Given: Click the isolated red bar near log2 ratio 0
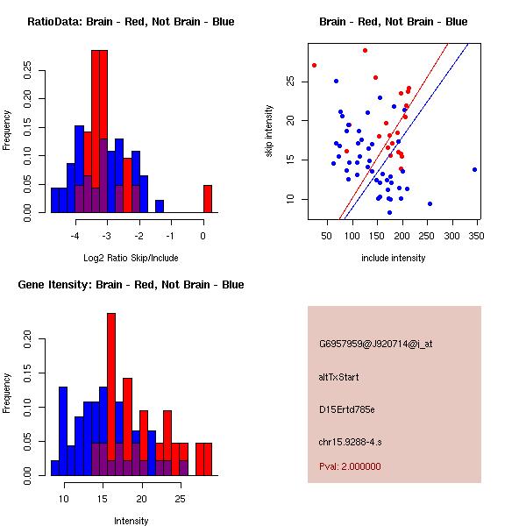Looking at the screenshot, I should tap(208, 198).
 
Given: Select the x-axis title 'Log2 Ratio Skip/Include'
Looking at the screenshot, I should tap(131, 258).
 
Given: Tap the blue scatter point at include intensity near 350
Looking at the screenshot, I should tap(474, 169).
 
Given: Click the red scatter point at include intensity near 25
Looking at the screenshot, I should tap(314, 65).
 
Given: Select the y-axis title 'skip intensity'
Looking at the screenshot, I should tap(271, 131).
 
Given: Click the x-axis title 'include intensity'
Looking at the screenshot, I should tap(394, 258).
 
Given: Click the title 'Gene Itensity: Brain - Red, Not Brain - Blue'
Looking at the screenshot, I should tap(131, 285).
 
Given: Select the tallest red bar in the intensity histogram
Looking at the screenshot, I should tap(111, 394).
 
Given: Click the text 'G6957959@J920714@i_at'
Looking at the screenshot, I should tap(375, 344).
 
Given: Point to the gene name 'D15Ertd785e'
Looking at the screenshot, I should tap(347, 409).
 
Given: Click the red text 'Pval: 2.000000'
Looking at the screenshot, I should tap(350, 466).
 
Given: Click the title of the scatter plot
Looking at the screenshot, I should tap(394, 22).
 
